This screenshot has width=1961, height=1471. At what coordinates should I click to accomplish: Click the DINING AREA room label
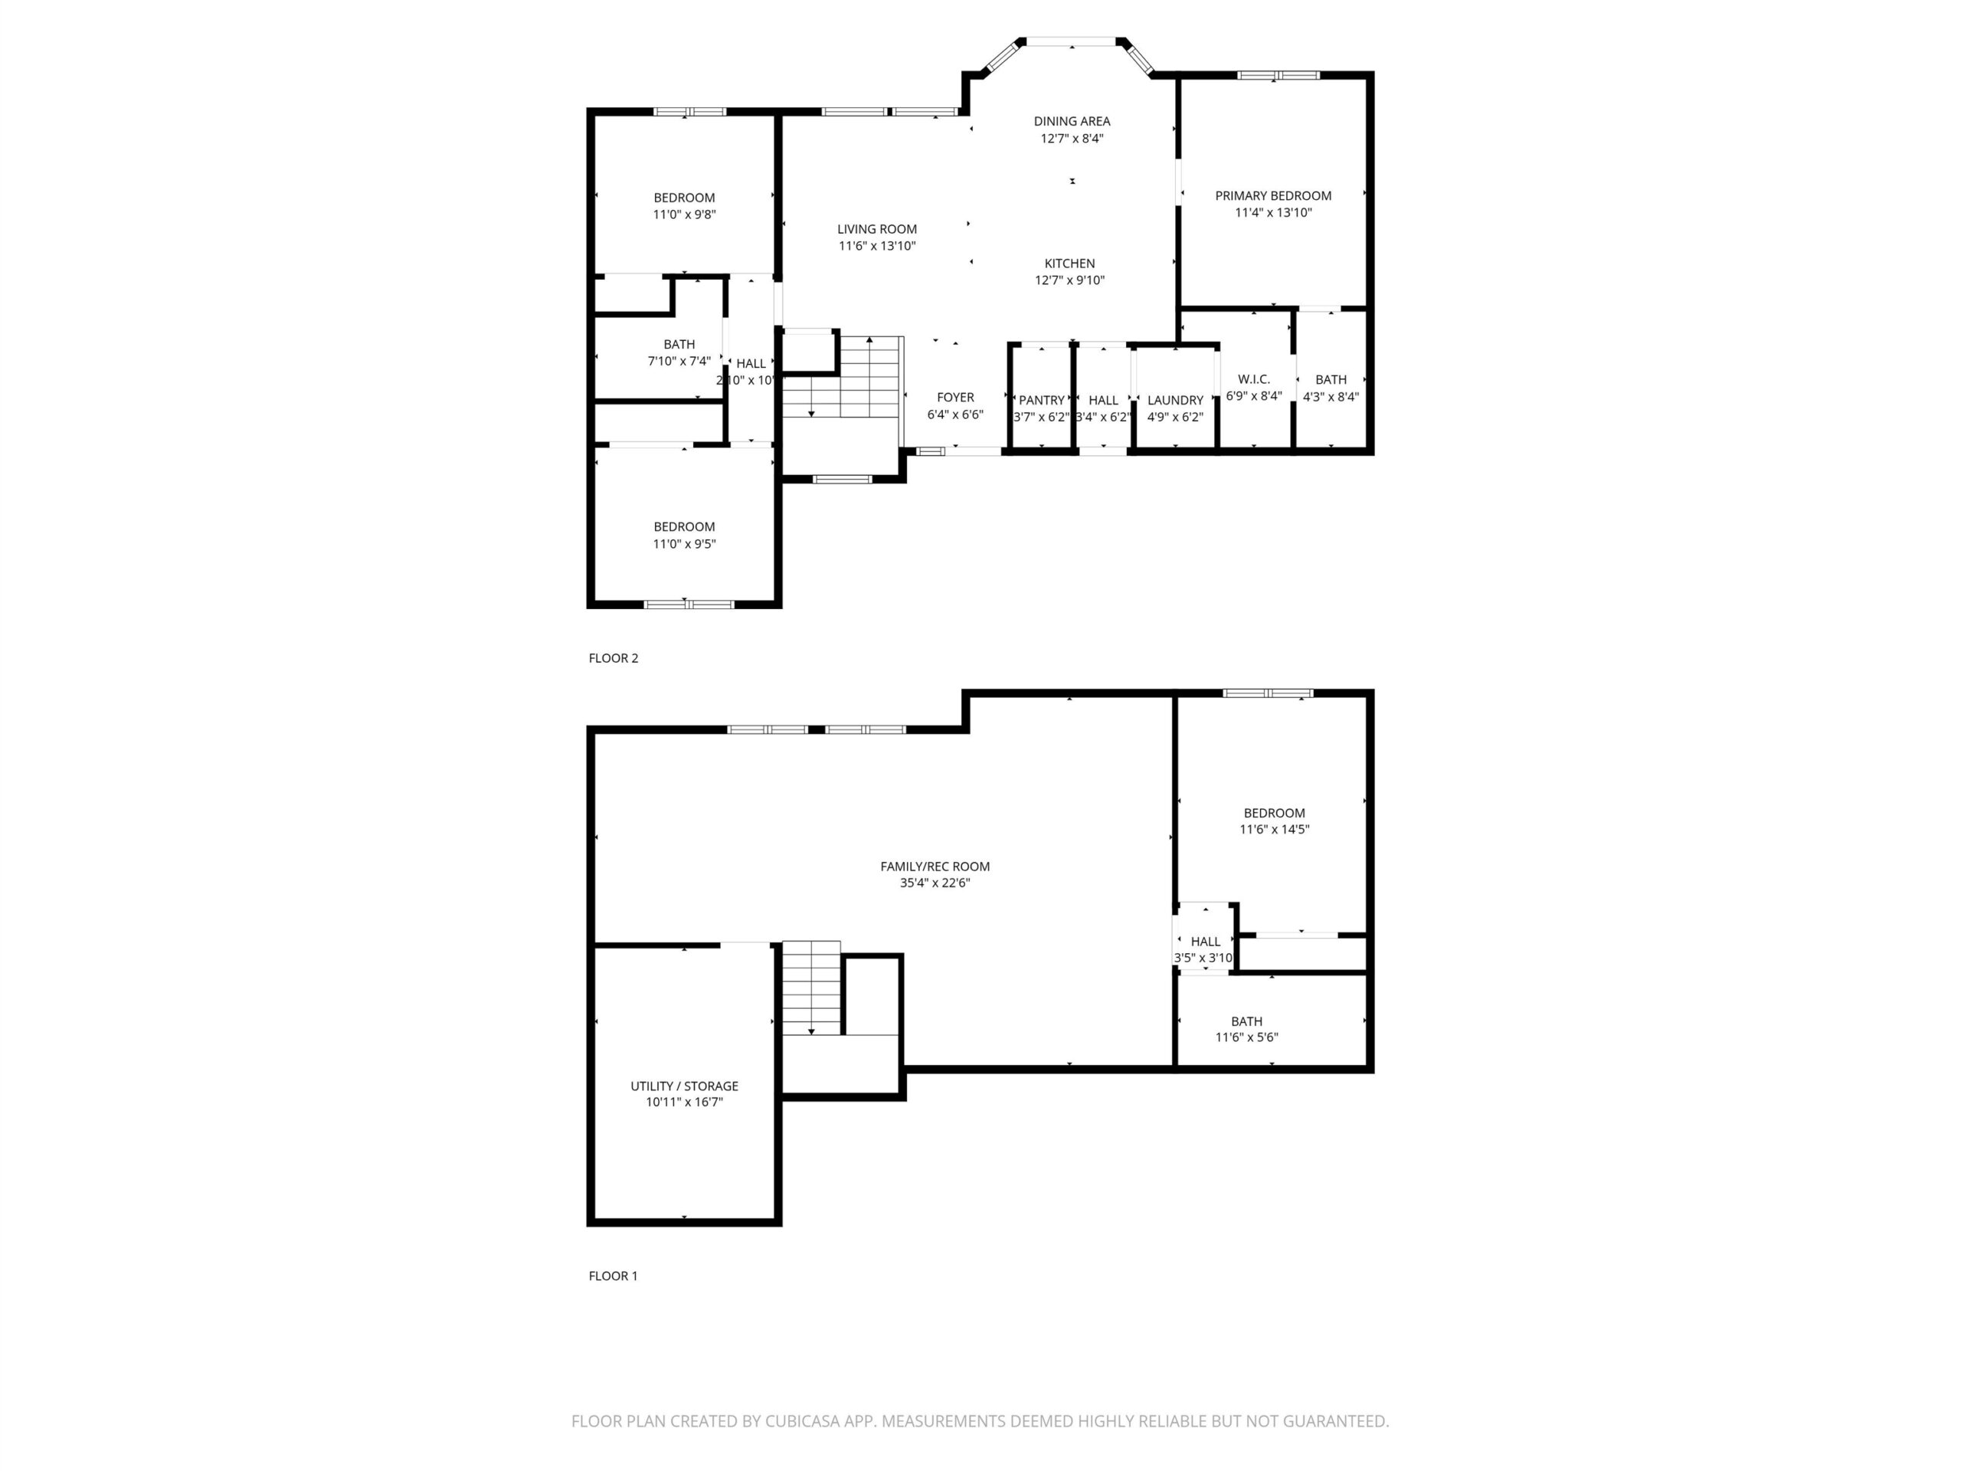tap(1072, 120)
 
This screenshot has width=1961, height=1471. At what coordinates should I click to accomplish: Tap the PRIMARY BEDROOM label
tap(1273, 196)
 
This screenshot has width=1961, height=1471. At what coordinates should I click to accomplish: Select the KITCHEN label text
tap(1069, 264)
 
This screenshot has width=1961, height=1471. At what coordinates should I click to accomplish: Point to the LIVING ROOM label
tap(877, 229)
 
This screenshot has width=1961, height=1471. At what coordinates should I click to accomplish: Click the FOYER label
tap(956, 397)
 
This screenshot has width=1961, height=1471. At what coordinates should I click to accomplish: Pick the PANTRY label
tap(1042, 401)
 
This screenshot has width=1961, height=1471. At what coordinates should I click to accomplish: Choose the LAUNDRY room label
tap(1176, 401)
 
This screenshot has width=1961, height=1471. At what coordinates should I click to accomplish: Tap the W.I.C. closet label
tap(1253, 379)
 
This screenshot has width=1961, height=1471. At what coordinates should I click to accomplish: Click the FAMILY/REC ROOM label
tap(935, 867)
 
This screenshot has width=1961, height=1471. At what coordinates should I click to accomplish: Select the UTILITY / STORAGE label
tap(684, 1086)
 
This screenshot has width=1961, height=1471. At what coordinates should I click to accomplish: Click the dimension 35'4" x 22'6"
tap(935, 883)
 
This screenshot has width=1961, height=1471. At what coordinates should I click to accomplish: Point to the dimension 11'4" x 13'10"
tap(1273, 213)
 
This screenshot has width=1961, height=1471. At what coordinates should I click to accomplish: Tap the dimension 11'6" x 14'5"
tap(1274, 830)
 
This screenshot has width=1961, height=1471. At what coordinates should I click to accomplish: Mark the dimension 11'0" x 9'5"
tap(684, 543)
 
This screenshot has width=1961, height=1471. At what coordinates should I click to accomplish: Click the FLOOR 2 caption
tap(614, 658)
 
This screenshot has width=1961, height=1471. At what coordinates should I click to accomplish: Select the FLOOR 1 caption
tap(614, 1276)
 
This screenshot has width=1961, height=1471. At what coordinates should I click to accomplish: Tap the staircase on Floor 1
tap(811, 988)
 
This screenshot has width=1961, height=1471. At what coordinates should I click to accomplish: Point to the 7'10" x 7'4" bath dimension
tap(679, 361)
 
